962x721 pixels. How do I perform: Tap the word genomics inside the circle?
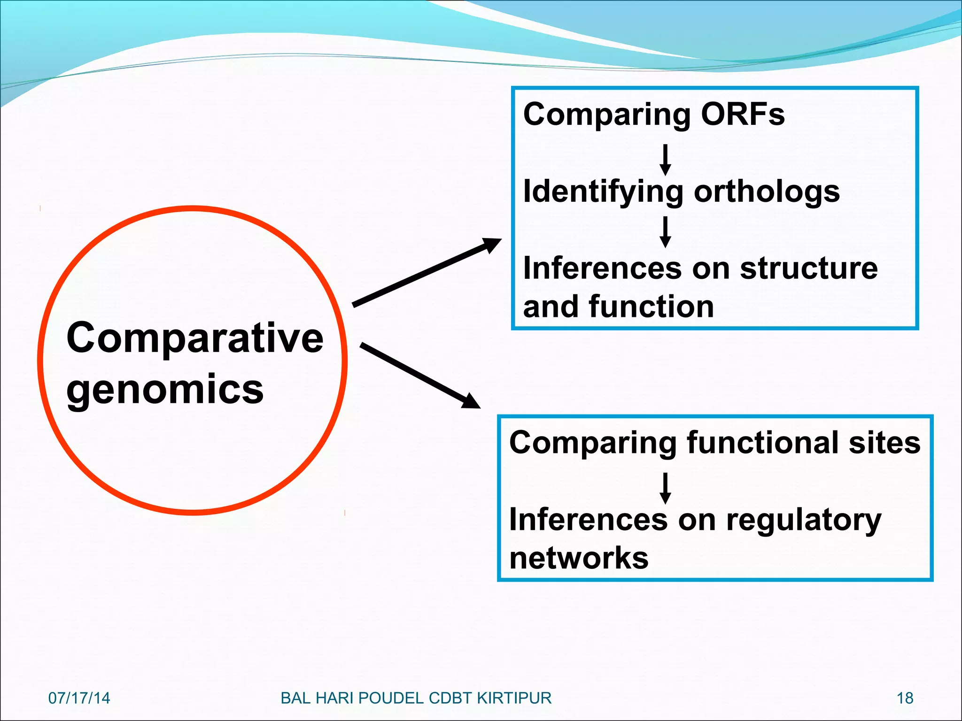(x=165, y=390)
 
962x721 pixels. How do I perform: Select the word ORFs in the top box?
(x=742, y=114)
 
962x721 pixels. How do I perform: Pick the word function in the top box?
(x=651, y=307)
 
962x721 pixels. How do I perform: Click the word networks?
(x=579, y=558)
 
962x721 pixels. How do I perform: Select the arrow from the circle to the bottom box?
(x=420, y=376)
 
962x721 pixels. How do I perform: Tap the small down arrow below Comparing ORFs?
(x=665, y=160)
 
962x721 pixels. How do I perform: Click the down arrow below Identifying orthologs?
(x=665, y=232)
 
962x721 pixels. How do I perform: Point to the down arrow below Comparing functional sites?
(x=665, y=488)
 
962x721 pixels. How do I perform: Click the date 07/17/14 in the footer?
(x=79, y=698)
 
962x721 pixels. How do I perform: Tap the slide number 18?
(x=905, y=698)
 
